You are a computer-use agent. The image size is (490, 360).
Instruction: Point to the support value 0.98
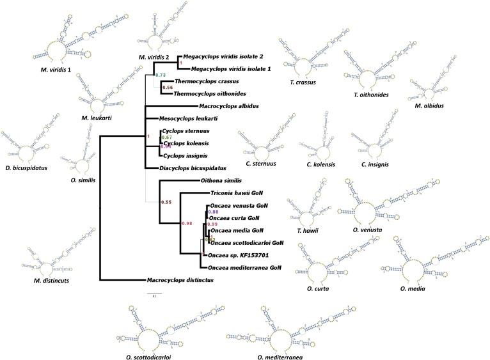188,223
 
